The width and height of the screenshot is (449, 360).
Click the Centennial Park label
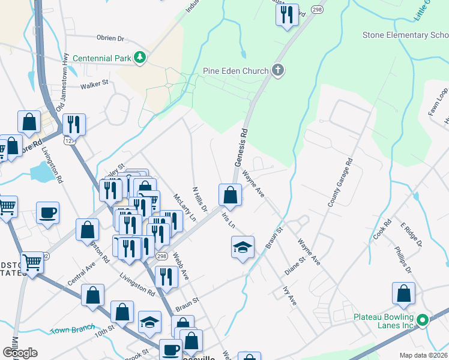(102, 58)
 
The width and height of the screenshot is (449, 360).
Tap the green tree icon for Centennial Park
(140, 58)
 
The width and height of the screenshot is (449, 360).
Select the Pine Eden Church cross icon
(277, 71)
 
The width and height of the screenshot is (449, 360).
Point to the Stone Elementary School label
(405, 35)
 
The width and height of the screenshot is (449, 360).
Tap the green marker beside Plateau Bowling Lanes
(423, 320)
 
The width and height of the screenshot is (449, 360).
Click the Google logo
(20, 353)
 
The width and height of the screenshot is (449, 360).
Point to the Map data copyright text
(423, 355)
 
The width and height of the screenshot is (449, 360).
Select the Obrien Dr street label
(110, 38)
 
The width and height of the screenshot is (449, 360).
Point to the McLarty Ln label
(184, 208)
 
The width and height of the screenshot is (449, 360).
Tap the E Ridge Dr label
(412, 235)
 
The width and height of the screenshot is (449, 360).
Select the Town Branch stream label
(72, 329)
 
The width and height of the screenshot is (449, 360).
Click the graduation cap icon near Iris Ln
(243, 247)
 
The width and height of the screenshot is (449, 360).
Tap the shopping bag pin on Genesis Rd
(230, 195)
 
